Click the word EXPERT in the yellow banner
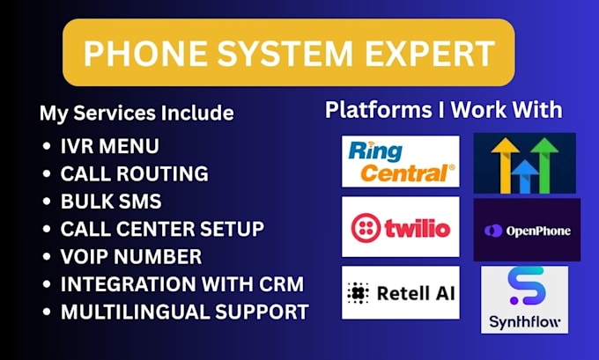430,53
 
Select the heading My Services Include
137,114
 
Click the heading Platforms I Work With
443,110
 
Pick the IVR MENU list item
109,146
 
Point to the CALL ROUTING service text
135,173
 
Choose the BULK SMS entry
111,202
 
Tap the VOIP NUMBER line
131,256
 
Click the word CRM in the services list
282,284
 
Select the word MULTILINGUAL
135,312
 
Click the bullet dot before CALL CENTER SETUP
47,229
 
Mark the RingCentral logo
401,161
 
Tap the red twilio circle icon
366,228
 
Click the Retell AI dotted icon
358,293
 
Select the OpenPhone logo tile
527,230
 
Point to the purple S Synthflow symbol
527,286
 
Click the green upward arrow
544,165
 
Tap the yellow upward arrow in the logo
505,165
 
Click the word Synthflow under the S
524,322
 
